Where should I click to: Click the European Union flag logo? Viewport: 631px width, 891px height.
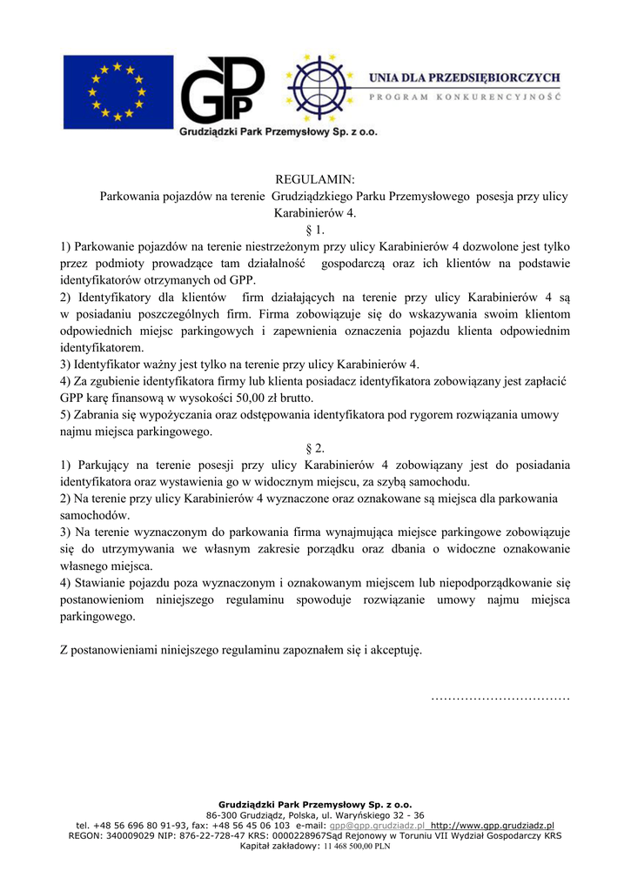117,91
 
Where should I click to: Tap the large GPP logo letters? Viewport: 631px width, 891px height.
222,90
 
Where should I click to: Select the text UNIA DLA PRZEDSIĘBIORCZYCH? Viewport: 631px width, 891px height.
465,78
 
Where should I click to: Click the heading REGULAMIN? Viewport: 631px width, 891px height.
315,180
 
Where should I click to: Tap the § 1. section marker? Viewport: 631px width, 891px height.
315,231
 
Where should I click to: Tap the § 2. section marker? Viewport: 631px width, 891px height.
315,448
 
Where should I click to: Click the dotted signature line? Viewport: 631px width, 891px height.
500,697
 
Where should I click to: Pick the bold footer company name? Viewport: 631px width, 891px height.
315,805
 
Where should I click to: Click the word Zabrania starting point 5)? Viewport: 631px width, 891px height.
99,414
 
